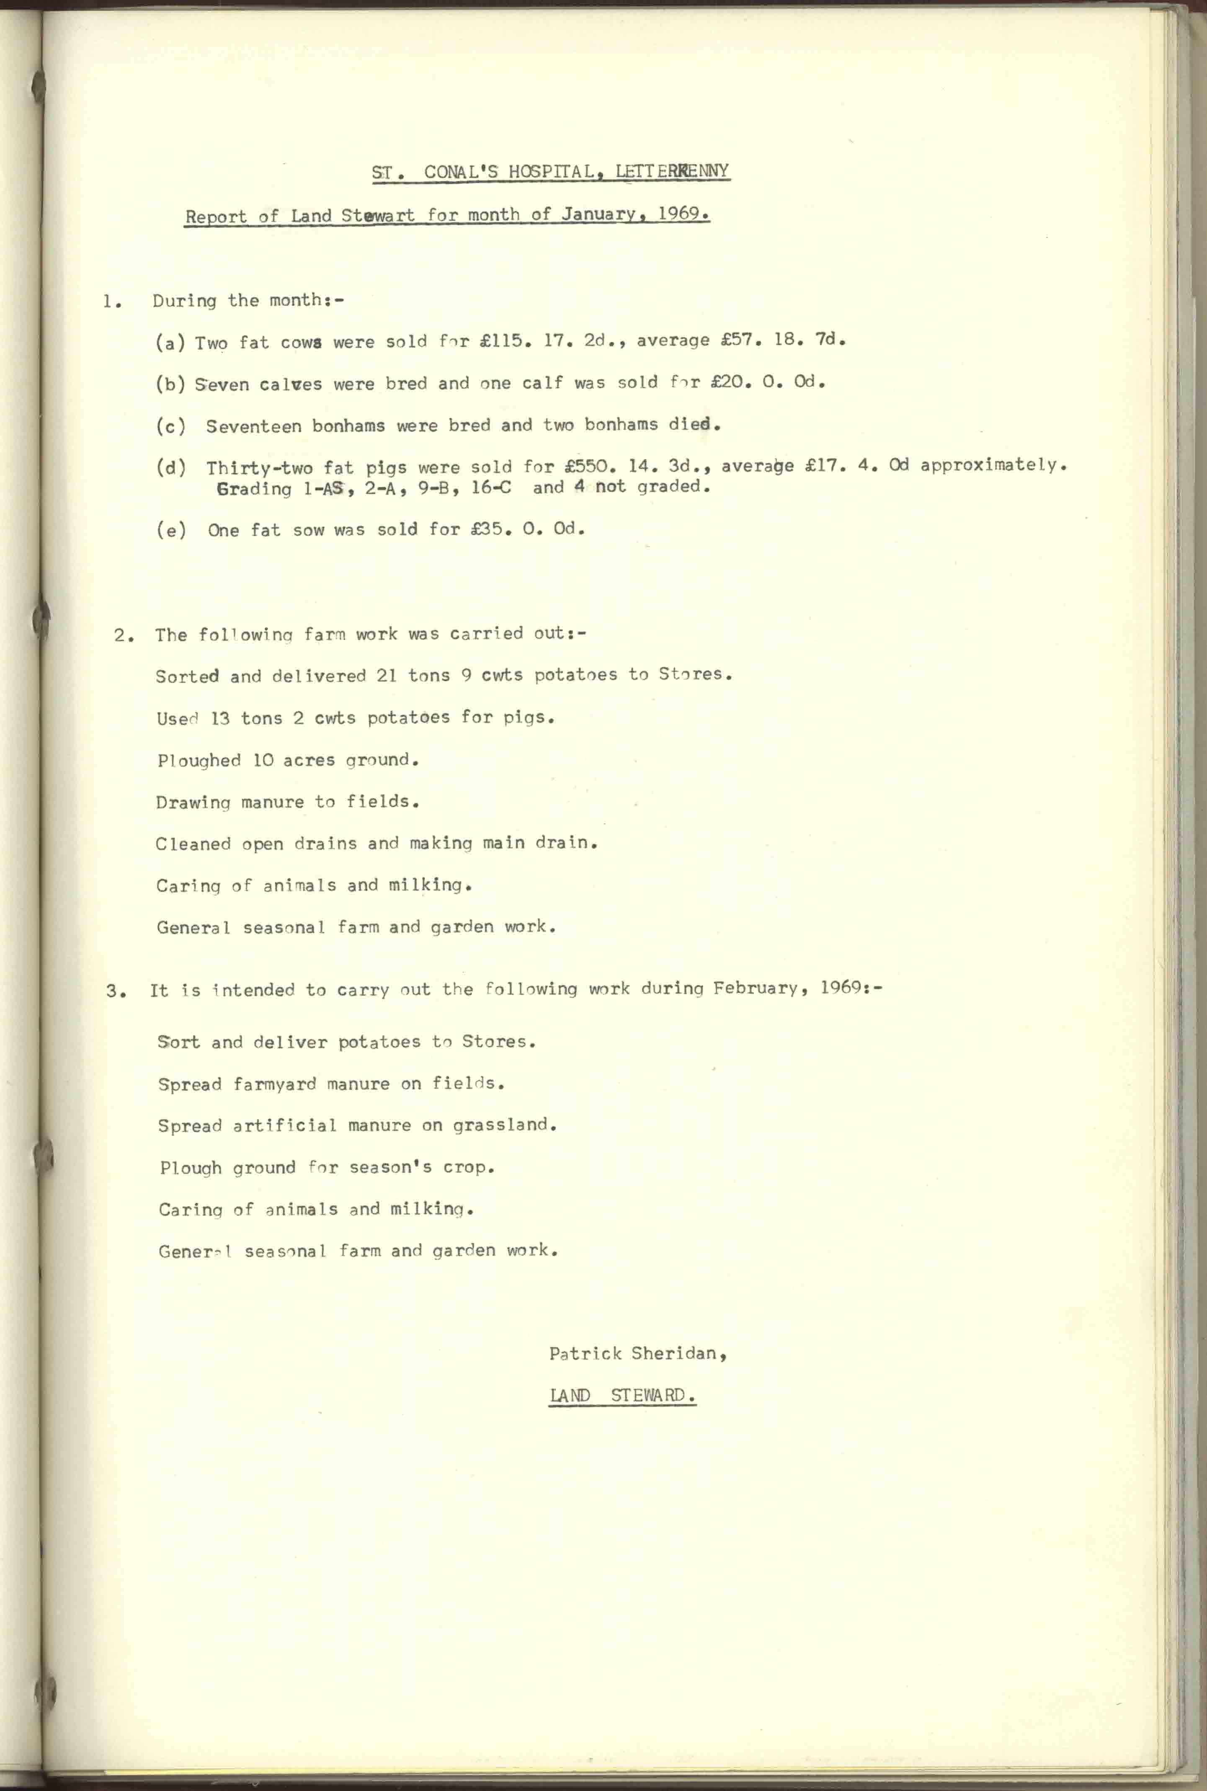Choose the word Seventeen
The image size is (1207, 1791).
[253, 426]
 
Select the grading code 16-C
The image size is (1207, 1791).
[491, 486]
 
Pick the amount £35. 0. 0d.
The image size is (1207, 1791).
[528, 529]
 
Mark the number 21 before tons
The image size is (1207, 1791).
[387, 675]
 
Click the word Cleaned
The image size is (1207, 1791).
[193, 844]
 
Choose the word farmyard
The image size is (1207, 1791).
[275, 1084]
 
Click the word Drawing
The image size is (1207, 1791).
[193, 802]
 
